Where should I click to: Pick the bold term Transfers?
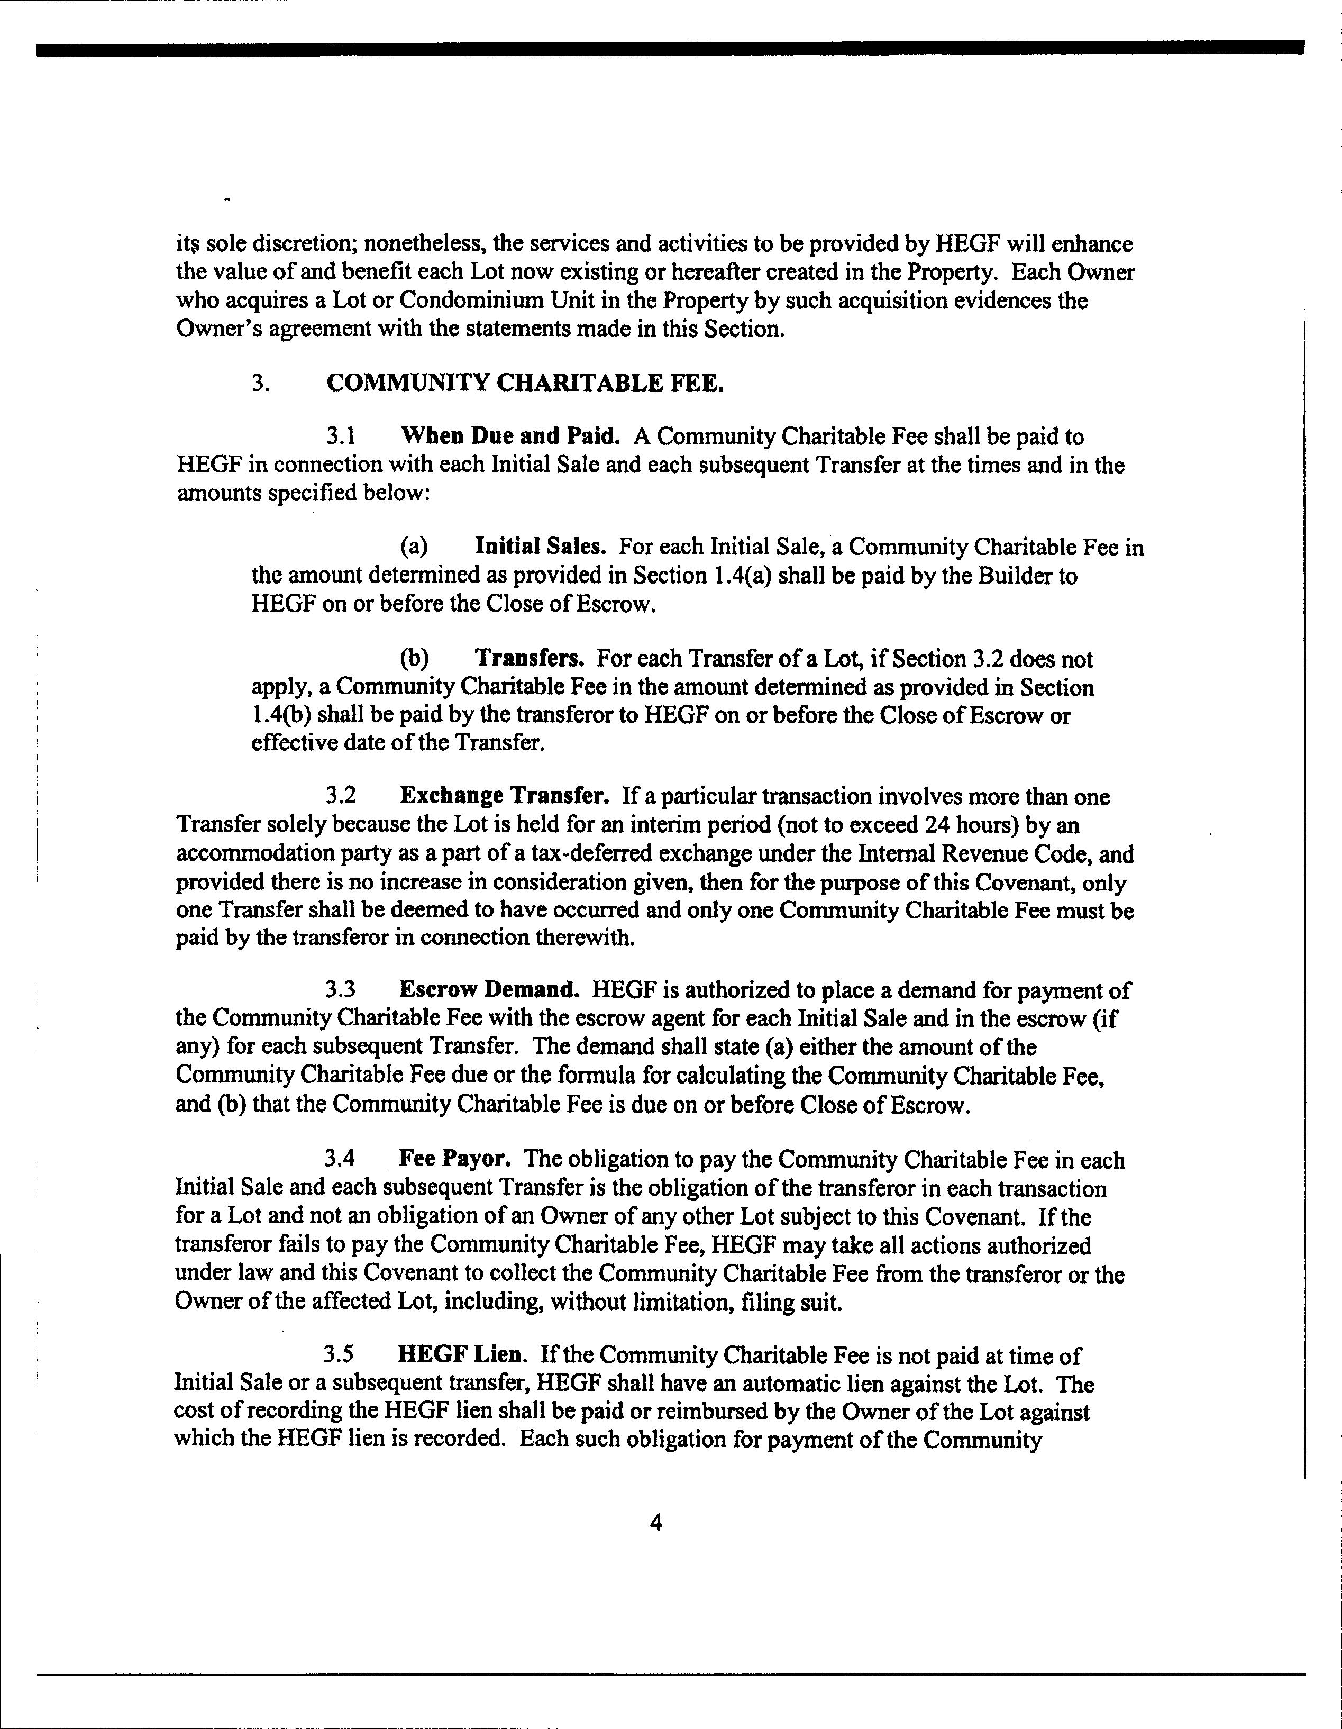pyautogui.click(x=529, y=659)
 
